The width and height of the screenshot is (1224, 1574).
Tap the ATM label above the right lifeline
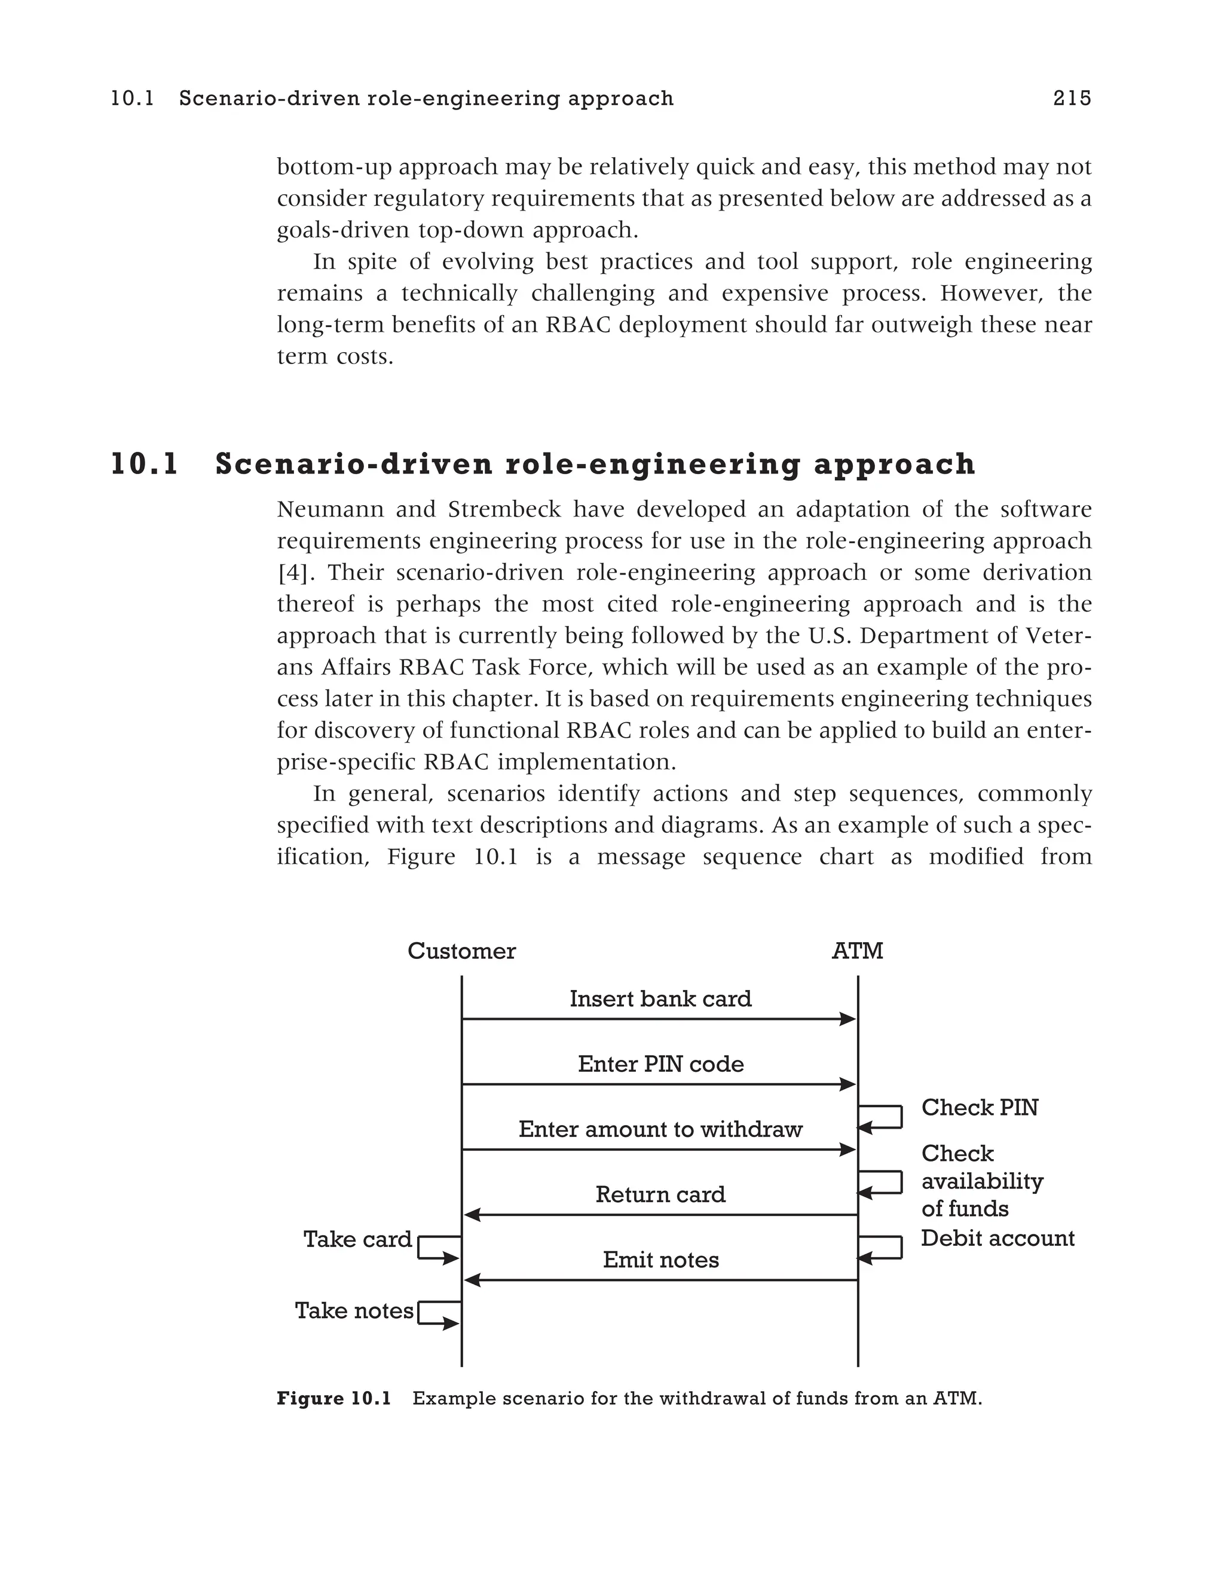(856, 951)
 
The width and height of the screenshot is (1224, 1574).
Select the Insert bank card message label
(660, 999)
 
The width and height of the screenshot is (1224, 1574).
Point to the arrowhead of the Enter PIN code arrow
(848, 1084)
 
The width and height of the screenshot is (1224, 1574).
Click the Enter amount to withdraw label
(660, 1129)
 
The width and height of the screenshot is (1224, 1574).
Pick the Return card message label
(660, 1195)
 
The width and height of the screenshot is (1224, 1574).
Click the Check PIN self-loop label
(979, 1108)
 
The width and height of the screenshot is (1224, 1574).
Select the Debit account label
(997, 1238)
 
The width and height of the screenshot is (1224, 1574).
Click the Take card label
(357, 1240)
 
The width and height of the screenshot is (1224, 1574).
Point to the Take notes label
(354, 1310)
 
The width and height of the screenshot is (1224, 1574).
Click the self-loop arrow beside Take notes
(438, 1313)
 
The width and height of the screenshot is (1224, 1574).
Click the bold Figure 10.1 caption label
(333, 1399)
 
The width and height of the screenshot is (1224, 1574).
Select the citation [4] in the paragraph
(293, 573)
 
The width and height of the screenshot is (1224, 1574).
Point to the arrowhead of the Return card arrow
(472, 1215)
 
